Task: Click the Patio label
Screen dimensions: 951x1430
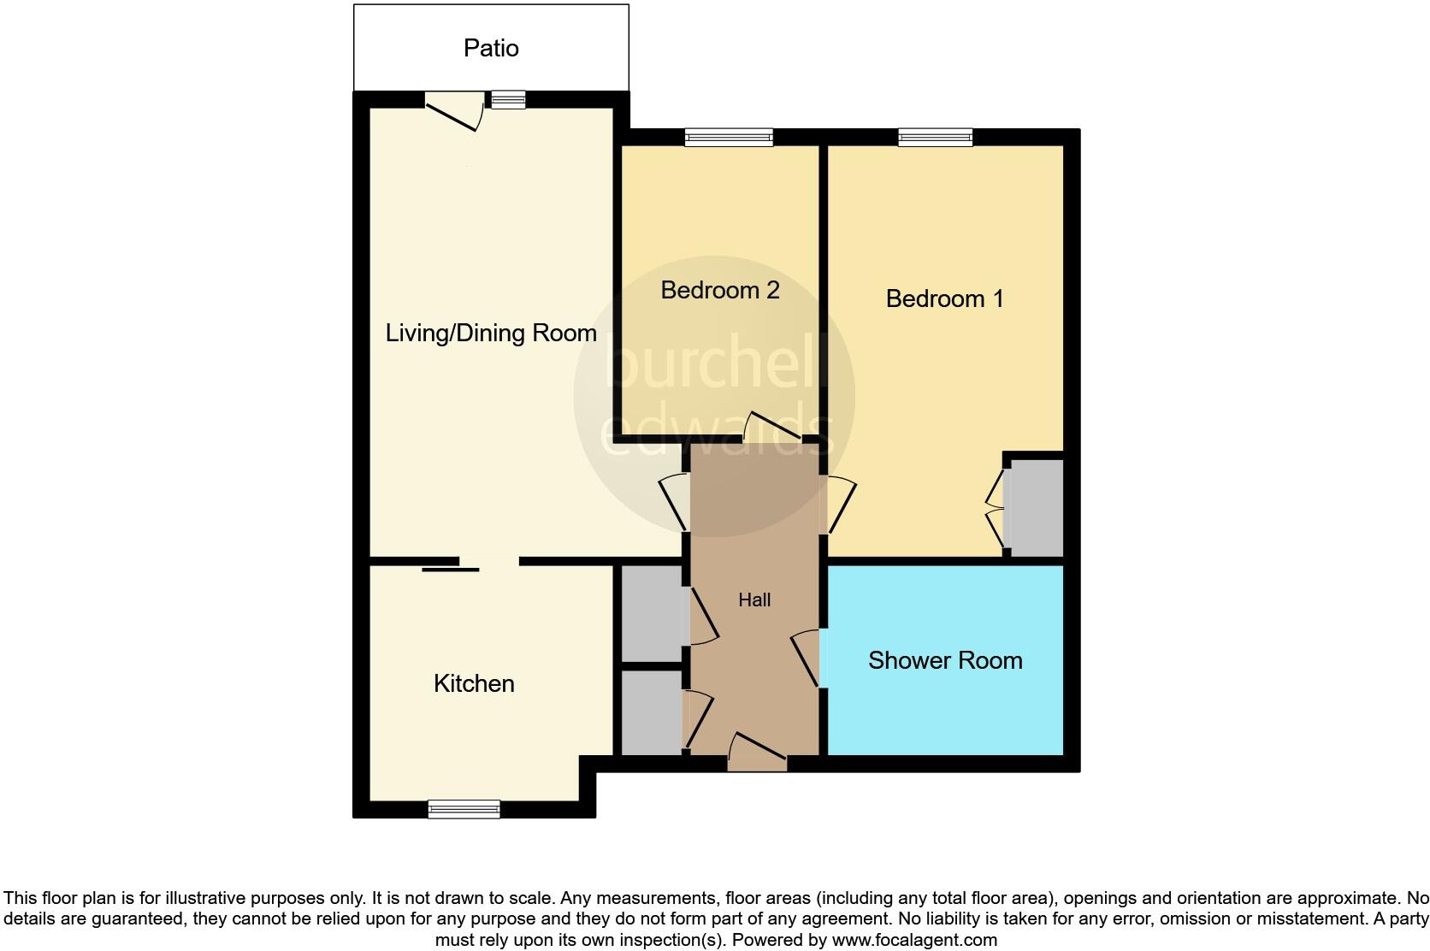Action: [491, 48]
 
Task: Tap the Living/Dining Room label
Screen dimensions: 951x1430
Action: [491, 333]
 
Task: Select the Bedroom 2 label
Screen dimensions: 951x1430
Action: [720, 290]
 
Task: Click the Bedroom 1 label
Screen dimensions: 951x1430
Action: [944, 298]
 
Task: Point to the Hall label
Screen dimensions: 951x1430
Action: [754, 600]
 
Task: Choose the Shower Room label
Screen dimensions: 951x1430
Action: [945, 660]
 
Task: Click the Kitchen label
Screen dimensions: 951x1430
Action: [474, 683]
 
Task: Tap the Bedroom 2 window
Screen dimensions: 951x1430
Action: [729, 137]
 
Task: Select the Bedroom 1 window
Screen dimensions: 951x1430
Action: [935, 137]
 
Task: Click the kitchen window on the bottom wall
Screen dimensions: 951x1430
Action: [464, 809]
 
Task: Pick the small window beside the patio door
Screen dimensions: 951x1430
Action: [508, 100]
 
